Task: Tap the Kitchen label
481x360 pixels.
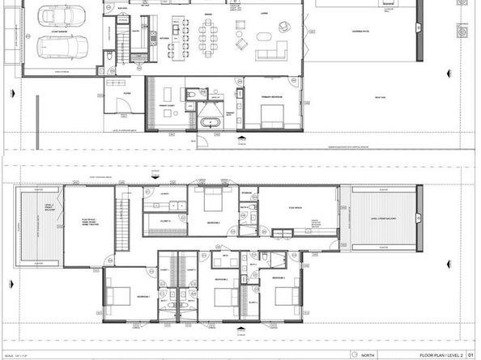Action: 175,37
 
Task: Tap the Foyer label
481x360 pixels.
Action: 127,93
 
